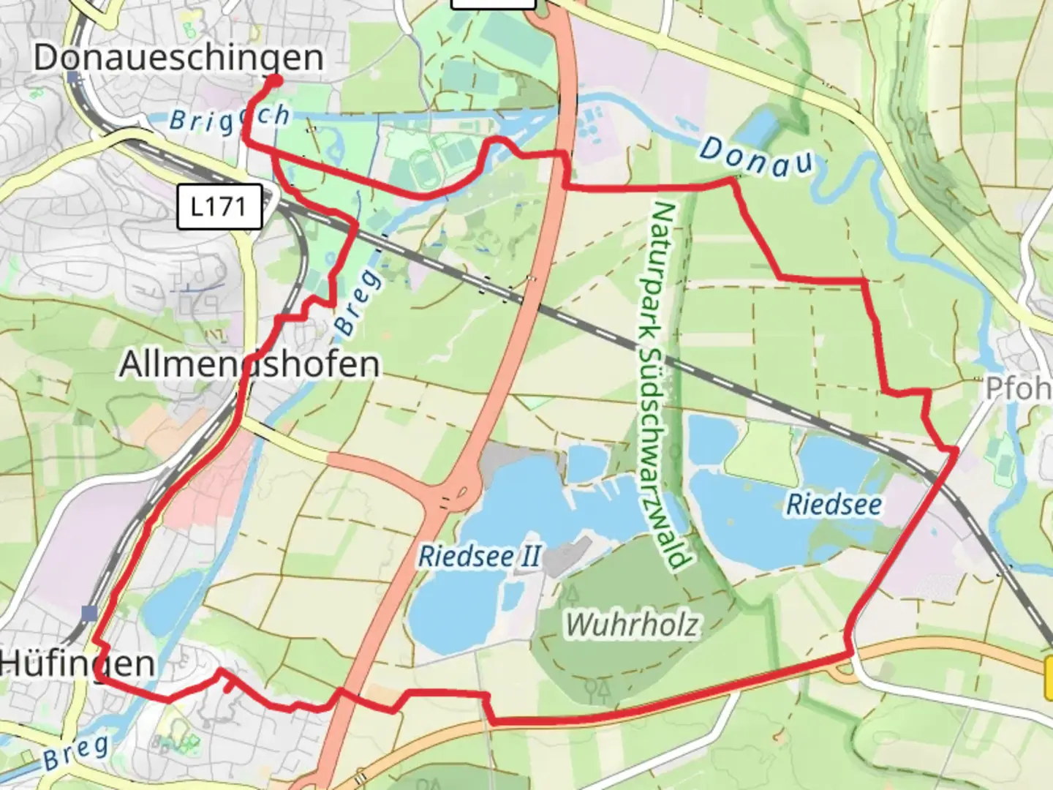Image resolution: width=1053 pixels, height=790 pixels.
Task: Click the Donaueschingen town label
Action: click(x=178, y=58)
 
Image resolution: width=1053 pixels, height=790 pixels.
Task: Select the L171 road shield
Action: click(x=219, y=207)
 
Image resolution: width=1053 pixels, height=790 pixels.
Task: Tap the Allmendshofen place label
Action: click(x=249, y=364)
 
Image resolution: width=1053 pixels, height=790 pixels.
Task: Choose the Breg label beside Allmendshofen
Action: click(x=358, y=302)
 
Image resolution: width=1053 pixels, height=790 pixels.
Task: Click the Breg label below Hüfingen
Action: click(x=75, y=753)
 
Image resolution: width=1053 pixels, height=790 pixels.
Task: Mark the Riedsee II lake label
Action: click(x=479, y=556)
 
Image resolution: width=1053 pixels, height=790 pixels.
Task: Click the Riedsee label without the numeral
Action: click(x=834, y=505)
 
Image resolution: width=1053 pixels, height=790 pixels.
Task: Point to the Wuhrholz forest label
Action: click(x=633, y=625)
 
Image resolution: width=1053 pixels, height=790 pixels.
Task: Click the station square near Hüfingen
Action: click(x=89, y=613)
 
